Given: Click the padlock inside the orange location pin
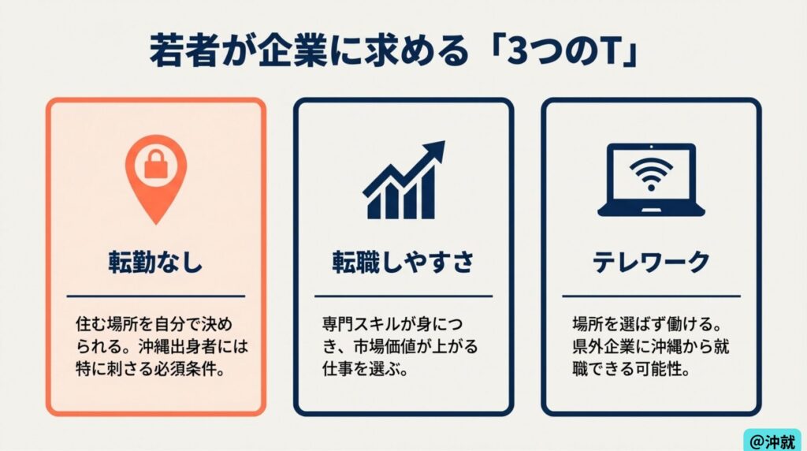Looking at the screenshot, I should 155,164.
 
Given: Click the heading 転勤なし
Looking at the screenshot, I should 155,262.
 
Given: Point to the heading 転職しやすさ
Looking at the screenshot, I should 403,262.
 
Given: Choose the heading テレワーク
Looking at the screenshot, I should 651,262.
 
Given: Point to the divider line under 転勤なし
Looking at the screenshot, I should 155,296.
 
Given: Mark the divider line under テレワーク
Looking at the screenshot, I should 651,296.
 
